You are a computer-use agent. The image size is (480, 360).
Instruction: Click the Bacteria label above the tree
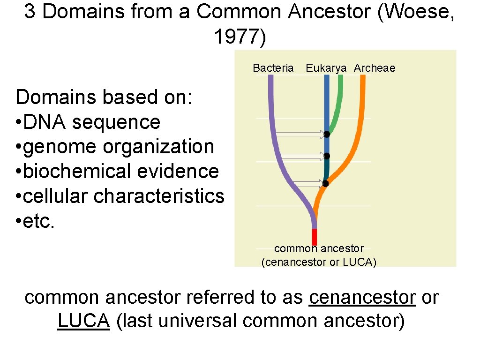coord(273,68)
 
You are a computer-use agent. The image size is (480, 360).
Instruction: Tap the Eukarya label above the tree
coord(326,68)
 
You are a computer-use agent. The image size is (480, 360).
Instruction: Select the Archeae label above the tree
coord(375,68)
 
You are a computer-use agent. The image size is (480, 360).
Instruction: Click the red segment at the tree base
coord(315,236)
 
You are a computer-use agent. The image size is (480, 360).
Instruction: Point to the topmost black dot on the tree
coord(327,135)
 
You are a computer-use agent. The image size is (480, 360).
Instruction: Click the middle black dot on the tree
coord(327,156)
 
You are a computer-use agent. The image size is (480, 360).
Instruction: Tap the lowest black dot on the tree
coord(325,183)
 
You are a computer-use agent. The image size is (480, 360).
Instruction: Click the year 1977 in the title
coord(240,37)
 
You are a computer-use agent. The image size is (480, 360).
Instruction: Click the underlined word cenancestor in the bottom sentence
coord(362,298)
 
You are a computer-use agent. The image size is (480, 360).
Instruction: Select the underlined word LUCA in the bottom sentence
coord(83,322)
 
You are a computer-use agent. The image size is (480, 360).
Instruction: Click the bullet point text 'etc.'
coord(39,221)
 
